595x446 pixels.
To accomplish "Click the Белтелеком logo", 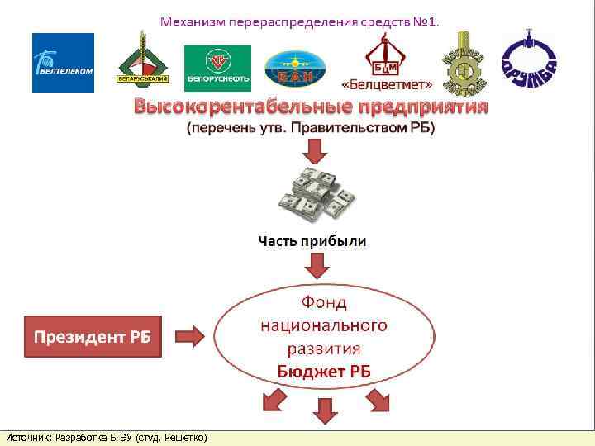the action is [63, 63].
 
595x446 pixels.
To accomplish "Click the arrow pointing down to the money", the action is [317, 151].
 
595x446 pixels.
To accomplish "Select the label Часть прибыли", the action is [312, 242].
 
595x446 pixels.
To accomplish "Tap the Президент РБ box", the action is [93, 336].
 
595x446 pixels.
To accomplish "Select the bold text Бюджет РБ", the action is [324, 372].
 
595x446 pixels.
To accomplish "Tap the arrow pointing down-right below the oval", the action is [378, 401].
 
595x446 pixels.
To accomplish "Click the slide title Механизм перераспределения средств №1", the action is [299, 21].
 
